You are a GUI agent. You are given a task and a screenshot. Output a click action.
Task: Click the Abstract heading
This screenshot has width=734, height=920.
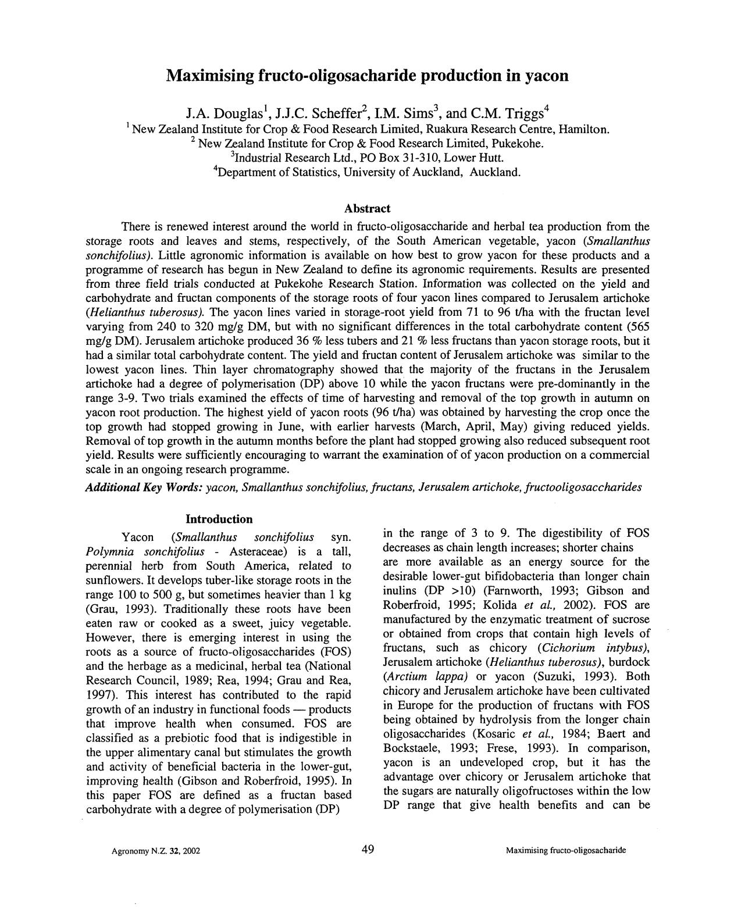click(x=367, y=208)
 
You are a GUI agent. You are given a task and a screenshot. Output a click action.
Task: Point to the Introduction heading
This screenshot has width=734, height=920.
click(x=219, y=519)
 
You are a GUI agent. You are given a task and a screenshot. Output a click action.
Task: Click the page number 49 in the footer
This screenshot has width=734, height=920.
click(x=367, y=850)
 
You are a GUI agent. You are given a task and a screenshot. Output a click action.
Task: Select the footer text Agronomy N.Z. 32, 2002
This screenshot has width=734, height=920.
click(x=156, y=851)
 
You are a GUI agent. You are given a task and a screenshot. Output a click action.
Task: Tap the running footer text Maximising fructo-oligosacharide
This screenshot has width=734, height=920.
click(x=566, y=851)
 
